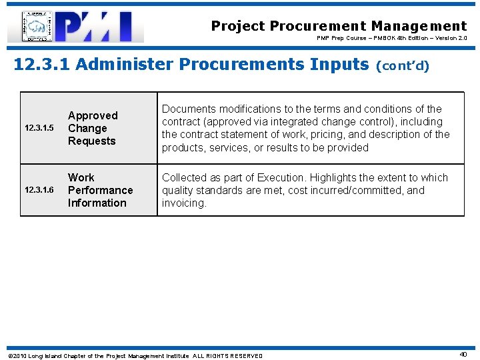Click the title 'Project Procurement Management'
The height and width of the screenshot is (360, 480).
click(x=339, y=26)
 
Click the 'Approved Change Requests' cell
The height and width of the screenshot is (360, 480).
click(x=92, y=128)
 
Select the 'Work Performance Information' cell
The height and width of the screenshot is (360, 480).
click(x=100, y=190)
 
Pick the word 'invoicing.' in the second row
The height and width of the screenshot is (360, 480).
click(x=184, y=203)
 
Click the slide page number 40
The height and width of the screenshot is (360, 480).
click(x=463, y=355)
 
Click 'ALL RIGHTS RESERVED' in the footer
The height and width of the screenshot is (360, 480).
click(x=227, y=356)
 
